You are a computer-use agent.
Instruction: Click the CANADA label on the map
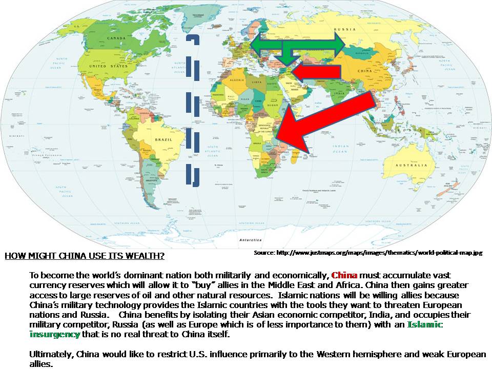point(102,38)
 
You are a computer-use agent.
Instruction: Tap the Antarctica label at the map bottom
point(248,239)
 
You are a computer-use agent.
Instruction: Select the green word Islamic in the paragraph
point(425,325)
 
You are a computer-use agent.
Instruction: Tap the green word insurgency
point(55,334)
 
